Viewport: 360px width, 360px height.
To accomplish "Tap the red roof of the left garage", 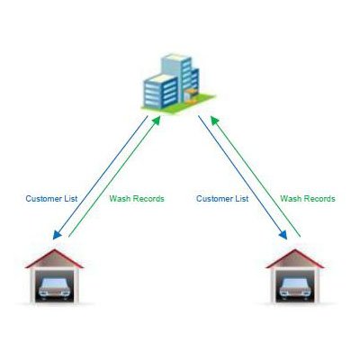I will point(54,258).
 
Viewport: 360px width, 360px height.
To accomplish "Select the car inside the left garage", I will point(54,287).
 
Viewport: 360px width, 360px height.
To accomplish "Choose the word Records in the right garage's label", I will point(319,198).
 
